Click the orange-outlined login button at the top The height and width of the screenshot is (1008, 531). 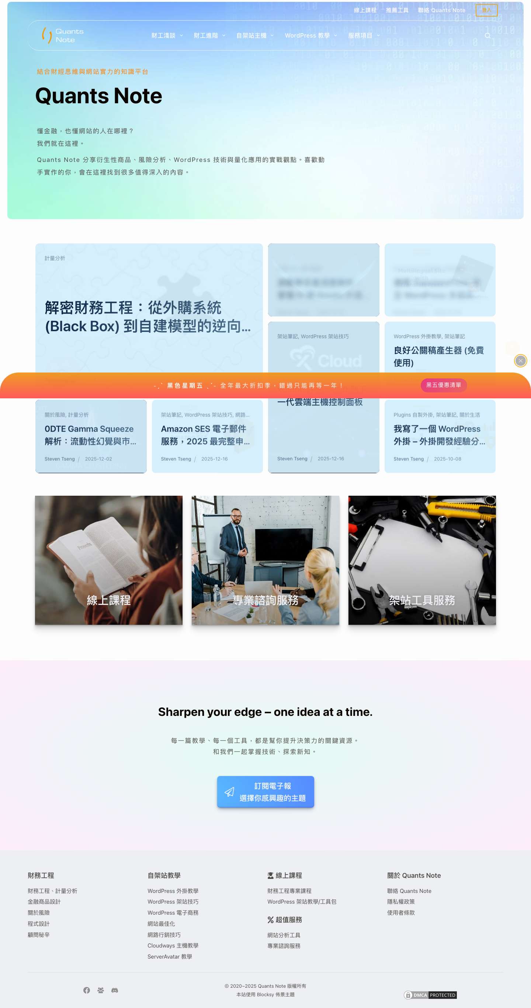[x=486, y=10]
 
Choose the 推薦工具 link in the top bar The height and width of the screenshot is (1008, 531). [x=397, y=10]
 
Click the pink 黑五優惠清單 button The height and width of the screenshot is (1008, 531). [x=443, y=385]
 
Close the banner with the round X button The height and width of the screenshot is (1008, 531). [x=520, y=361]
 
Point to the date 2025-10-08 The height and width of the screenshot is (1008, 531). [x=447, y=459]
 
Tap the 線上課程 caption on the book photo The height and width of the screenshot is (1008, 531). [x=109, y=600]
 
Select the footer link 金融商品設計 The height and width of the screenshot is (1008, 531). [x=44, y=901]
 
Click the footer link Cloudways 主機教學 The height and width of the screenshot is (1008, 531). [x=173, y=945]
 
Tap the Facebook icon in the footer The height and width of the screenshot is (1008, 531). [x=87, y=990]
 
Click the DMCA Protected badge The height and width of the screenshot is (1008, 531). [x=430, y=995]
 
